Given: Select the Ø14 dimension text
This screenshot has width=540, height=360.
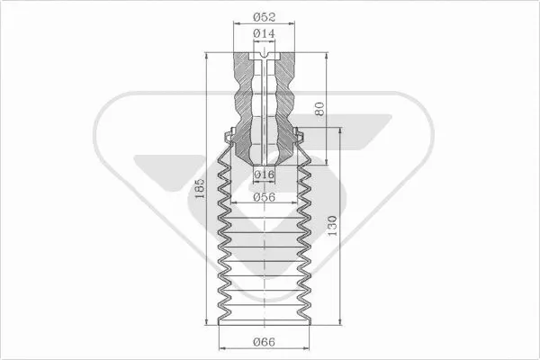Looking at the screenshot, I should (264, 34).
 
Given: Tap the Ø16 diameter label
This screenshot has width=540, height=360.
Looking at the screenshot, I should (264, 174).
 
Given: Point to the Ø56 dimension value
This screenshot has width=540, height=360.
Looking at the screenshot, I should (264, 197).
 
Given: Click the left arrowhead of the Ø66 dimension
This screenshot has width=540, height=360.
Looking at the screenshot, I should (221, 347).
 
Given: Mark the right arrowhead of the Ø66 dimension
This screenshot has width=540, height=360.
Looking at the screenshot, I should (306, 347).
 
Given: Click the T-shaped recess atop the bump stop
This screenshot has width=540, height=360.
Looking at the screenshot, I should (264, 60).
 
